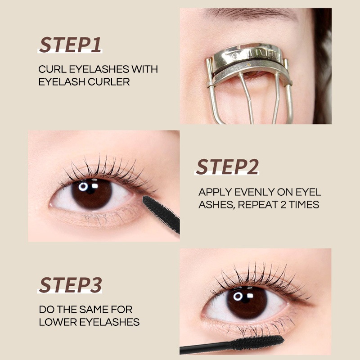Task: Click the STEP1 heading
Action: (70, 45)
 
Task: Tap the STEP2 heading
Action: (227, 166)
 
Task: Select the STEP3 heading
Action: (70, 285)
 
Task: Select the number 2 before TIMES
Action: (283, 205)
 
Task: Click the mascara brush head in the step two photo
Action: (161, 213)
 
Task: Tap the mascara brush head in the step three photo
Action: (257, 342)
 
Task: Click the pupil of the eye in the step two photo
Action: (92, 193)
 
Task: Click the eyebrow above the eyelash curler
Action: (250, 14)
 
